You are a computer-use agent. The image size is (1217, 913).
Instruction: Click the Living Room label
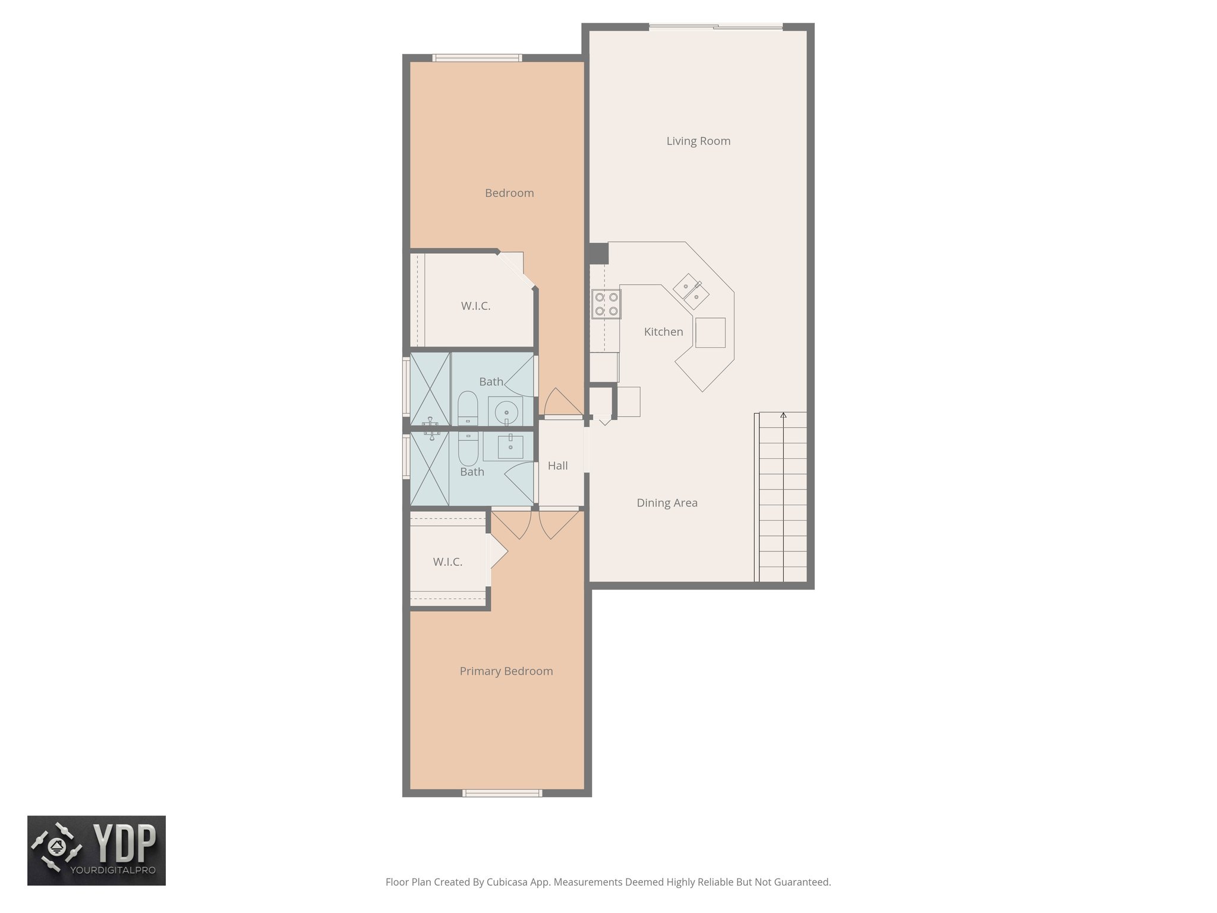click(698, 141)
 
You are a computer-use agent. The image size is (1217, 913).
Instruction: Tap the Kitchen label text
click(663, 332)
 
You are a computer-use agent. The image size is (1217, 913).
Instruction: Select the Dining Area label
click(667, 503)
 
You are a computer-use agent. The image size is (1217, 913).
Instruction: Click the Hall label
click(557, 465)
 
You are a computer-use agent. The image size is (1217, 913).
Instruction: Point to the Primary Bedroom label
click(506, 671)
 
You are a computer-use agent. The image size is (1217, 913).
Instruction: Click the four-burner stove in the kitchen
click(606, 304)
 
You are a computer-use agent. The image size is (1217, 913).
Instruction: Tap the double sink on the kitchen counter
click(691, 291)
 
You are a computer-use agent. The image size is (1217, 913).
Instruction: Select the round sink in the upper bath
click(506, 411)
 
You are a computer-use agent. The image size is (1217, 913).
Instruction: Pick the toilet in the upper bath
click(468, 407)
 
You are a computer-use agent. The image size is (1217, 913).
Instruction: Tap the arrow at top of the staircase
click(783, 415)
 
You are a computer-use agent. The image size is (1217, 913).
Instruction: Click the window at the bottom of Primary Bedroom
click(502, 793)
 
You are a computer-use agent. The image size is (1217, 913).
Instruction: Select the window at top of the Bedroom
click(477, 58)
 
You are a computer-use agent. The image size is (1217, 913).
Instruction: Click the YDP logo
click(96, 850)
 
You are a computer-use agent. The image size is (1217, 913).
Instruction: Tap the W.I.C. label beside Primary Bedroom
click(447, 562)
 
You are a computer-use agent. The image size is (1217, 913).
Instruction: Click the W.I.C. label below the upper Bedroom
click(475, 306)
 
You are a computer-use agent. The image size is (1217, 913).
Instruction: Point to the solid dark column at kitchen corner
click(598, 253)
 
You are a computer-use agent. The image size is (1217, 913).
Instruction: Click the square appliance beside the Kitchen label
click(710, 332)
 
